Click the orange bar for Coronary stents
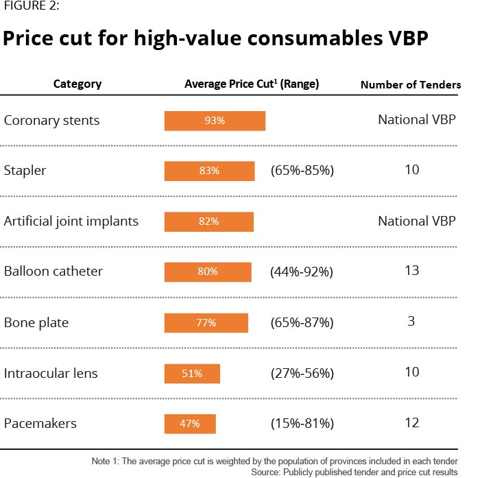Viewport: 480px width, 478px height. (x=215, y=121)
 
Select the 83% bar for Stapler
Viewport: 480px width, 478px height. (x=209, y=171)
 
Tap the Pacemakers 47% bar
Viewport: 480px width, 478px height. (x=190, y=423)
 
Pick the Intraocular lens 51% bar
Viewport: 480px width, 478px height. (x=192, y=374)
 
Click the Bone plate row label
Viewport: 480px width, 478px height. (x=36, y=322)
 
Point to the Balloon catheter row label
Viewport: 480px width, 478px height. (x=53, y=271)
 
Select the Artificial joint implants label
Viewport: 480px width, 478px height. (x=71, y=221)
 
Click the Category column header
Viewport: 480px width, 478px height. (x=77, y=84)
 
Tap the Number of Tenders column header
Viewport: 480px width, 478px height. (x=410, y=85)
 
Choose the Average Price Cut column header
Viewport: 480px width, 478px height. (x=252, y=84)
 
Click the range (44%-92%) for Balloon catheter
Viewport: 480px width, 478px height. (x=302, y=272)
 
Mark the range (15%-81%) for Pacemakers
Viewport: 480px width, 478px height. (x=302, y=423)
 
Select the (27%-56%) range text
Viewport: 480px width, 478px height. (x=302, y=374)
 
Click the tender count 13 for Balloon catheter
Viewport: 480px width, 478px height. (x=411, y=271)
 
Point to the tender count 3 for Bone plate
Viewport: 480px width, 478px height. (x=411, y=321)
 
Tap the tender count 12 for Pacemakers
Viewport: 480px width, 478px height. (x=411, y=422)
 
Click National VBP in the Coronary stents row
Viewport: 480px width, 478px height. (x=417, y=120)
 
